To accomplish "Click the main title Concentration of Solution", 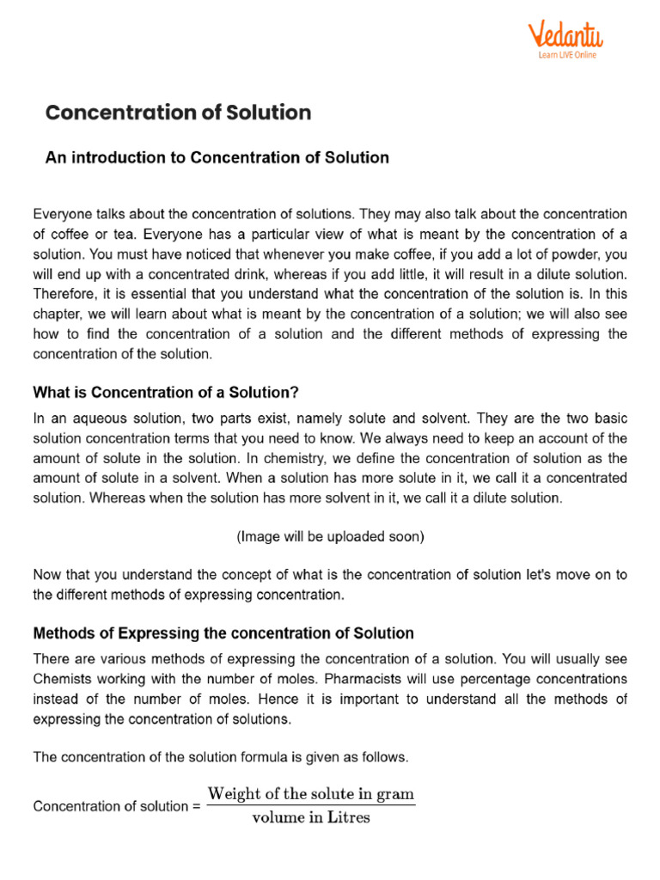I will (x=178, y=113).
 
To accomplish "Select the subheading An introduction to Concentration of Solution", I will (x=217, y=158).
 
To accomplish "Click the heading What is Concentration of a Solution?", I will (x=166, y=393).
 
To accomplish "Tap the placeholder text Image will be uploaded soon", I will (x=330, y=537).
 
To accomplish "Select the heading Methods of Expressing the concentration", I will (x=223, y=633).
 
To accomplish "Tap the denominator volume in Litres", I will (x=311, y=817).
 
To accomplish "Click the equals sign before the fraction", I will (x=196, y=806).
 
